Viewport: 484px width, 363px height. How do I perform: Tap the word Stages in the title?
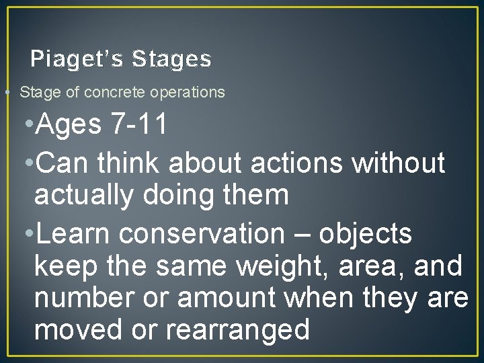(x=172, y=59)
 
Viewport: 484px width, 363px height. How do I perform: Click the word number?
(x=82, y=298)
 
